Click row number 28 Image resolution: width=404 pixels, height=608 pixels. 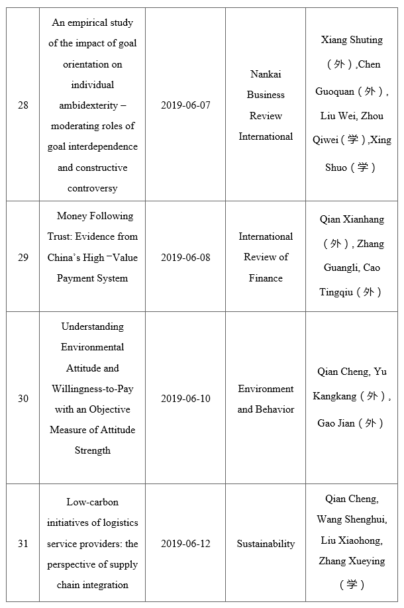point(23,105)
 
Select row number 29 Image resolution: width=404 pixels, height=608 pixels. point(23,258)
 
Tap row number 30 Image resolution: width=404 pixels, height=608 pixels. point(23,399)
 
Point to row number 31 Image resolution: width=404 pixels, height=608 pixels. point(23,544)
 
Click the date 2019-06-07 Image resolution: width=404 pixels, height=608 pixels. point(185,105)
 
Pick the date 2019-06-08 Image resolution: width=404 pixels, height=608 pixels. point(185,258)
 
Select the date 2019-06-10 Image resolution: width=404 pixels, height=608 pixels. point(185,399)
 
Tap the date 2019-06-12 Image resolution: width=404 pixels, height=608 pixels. point(185,544)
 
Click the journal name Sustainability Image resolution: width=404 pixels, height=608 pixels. point(266,544)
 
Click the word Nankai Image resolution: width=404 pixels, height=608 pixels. point(266,74)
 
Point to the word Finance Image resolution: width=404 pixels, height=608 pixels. point(266,278)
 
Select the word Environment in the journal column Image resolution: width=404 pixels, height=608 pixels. point(266,389)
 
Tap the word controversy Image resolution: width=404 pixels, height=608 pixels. point(93,188)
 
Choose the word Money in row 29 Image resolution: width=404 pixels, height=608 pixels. point(72,216)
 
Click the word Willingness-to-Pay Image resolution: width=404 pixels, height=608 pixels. point(93,389)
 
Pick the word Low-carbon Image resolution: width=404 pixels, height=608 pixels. point(93,502)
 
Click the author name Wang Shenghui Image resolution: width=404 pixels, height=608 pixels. point(352,519)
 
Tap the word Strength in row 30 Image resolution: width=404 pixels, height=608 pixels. point(93,450)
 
